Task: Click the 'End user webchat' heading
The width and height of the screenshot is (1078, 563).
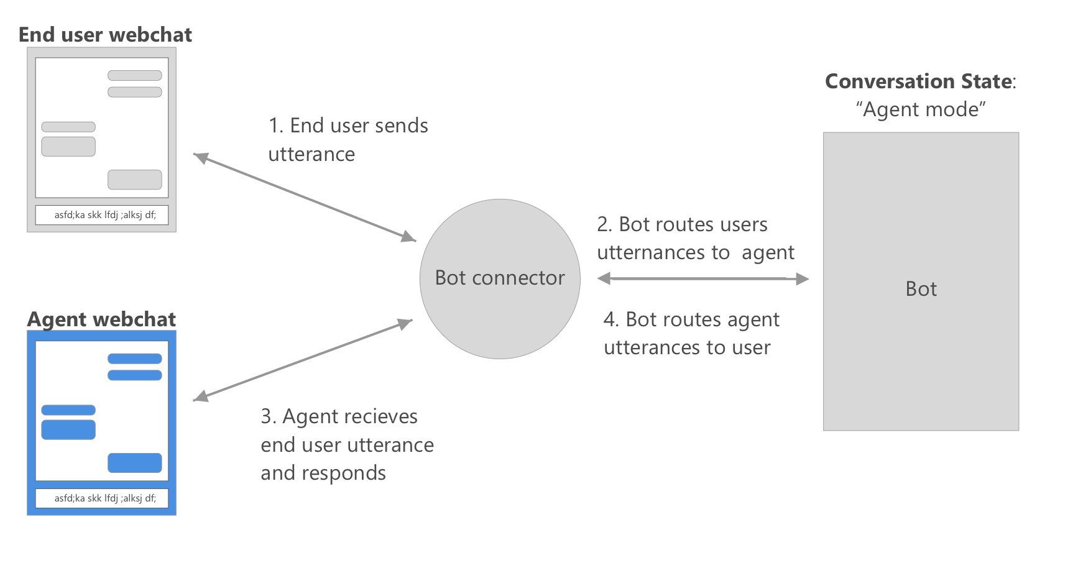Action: click(105, 35)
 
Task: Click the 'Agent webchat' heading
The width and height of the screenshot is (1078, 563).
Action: click(101, 319)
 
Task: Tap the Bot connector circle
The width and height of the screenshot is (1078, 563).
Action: click(500, 278)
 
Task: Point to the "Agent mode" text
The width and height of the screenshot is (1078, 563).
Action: click(920, 109)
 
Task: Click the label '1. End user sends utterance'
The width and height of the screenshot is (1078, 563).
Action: click(348, 140)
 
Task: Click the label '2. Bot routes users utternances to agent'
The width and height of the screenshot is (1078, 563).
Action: click(695, 239)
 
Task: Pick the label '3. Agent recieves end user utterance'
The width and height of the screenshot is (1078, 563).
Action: click(347, 444)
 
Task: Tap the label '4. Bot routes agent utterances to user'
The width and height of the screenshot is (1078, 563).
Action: click(691, 333)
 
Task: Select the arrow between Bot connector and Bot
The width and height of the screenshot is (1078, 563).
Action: click(703, 278)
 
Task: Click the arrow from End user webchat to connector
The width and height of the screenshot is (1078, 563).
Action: click(305, 197)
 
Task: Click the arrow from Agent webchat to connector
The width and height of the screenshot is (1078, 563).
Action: click(303, 360)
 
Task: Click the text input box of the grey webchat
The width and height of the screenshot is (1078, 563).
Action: click(102, 215)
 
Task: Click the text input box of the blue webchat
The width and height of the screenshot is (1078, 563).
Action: click(102, 498)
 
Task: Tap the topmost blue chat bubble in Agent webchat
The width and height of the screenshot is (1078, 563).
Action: click(135, 359)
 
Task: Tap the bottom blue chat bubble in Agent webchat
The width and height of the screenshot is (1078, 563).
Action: click(135, 463)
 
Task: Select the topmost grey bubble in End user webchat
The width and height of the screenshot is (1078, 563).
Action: click(135, 75)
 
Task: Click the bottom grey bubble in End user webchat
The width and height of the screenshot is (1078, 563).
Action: click(135, 180)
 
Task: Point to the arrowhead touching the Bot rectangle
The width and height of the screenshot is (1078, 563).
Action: click(802, 279)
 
